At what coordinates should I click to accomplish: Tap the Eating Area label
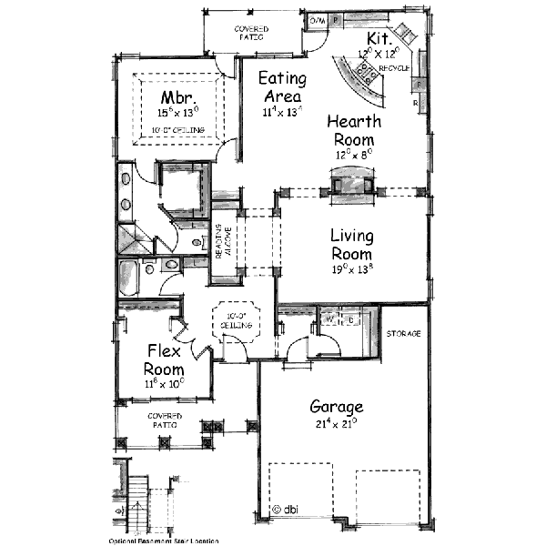pos(281,87)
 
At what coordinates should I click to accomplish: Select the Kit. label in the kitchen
pos(379,39)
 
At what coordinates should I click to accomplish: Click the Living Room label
pos(352,245)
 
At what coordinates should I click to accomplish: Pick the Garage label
pos(336,407)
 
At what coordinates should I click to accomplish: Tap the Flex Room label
pos(164,360)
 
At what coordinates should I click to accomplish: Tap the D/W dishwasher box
pos(318,19)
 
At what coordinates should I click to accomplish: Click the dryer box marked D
pos(350,319)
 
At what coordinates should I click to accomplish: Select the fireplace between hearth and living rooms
pos(350,185)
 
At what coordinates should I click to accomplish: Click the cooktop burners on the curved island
pos(368,80)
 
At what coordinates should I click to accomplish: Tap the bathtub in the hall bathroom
pos(127,278)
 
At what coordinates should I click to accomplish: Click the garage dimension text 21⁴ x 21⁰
pos(336,422)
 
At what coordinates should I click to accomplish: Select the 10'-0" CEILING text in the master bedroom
pos(178,130)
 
